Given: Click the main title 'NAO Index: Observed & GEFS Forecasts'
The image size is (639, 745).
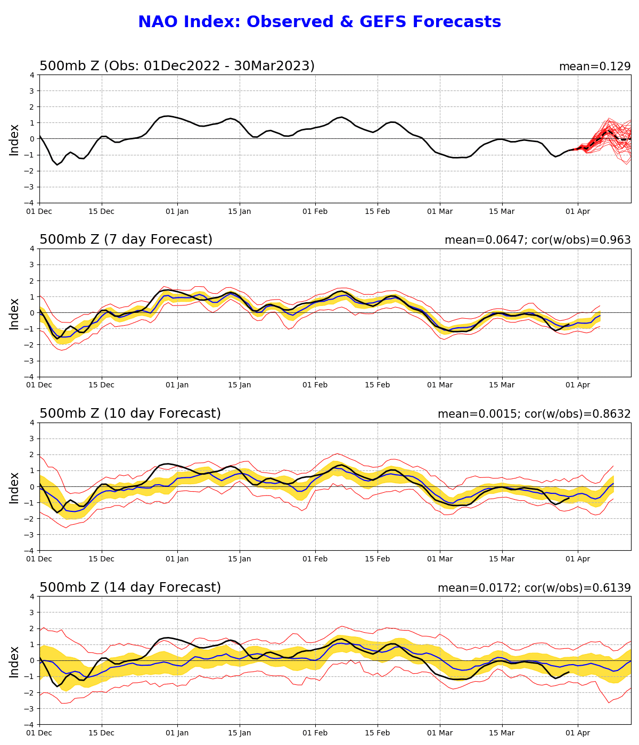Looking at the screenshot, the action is [x=319, y=22].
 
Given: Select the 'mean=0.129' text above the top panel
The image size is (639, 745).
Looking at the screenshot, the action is [x=595, y=67].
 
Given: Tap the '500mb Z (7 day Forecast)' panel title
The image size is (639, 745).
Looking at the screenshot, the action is [x=126, y=239].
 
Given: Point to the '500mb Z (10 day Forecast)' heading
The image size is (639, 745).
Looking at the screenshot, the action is [x=130, y=413].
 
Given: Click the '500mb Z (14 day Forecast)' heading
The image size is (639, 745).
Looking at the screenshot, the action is [x=130, y=587].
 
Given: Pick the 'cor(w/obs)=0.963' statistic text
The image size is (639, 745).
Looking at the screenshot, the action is [x=581, y=240].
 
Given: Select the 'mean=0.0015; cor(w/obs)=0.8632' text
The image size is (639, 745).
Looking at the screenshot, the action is [x=534, y=414].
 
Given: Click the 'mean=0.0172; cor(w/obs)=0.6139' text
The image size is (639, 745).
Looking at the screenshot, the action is [x=534, y=588].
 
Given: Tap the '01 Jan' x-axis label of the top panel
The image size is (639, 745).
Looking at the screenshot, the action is [x=177, y=212].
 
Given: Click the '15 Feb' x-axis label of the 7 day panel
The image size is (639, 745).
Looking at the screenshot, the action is [x=377, y=385].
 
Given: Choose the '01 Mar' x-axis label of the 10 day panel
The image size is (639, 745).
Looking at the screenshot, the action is [x=440, y=559].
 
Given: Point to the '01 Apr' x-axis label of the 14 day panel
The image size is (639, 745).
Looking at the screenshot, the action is [x=578, y=733].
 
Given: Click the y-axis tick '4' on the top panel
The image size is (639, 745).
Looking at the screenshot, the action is [x=32, y=76].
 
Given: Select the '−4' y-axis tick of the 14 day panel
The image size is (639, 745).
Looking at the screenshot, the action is [x=29, y=724].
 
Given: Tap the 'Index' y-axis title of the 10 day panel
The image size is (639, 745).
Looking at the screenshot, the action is [x=14, y=488].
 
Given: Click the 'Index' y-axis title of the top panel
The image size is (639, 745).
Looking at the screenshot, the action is [x=14, y=140].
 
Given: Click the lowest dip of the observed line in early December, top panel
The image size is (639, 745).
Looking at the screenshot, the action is [x=57, y=165].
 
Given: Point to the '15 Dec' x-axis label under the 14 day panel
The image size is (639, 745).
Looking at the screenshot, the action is [x=101, y=733].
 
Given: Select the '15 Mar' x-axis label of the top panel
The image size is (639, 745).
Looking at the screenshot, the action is [x=502, y=212].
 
